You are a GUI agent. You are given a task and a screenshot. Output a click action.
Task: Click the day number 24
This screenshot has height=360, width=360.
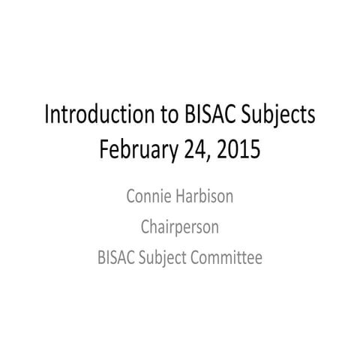click(195, 149)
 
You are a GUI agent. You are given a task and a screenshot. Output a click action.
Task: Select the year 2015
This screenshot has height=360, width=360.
click(239, 149)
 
